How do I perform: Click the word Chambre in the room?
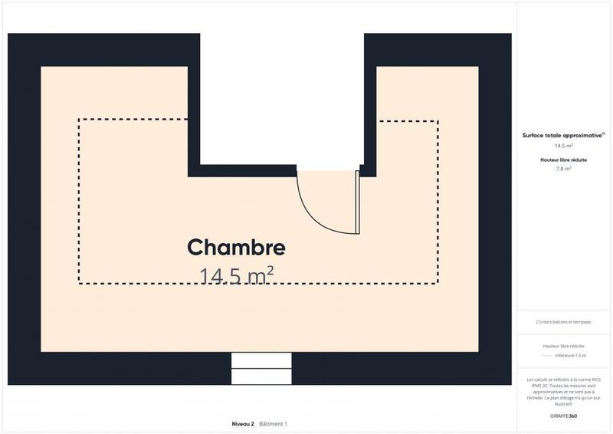tap(236, 248)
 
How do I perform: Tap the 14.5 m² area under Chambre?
tap(236, 275)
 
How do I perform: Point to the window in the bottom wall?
tap(261, 368)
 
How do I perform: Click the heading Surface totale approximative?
tap(562, 135)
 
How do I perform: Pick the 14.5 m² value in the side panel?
tap(564, 145)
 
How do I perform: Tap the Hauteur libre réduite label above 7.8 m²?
tap(564, 159)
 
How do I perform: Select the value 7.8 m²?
tap(564, 169)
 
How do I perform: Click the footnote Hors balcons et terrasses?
tap(564, 322)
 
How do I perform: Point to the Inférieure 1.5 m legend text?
tap(570, 355)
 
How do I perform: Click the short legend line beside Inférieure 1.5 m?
tap(546, 355)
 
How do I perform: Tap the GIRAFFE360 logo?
tap(564, 416)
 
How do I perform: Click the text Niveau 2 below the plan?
tap(243, 424)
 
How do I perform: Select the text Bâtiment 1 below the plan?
tap(273, 424)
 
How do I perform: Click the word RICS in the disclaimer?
tap(595, 380)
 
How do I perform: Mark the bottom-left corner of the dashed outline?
tap(79, 284)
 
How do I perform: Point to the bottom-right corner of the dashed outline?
tap(438, 284)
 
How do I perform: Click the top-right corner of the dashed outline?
tap(438, 121)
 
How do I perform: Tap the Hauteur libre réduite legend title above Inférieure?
tap(564, 346)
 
